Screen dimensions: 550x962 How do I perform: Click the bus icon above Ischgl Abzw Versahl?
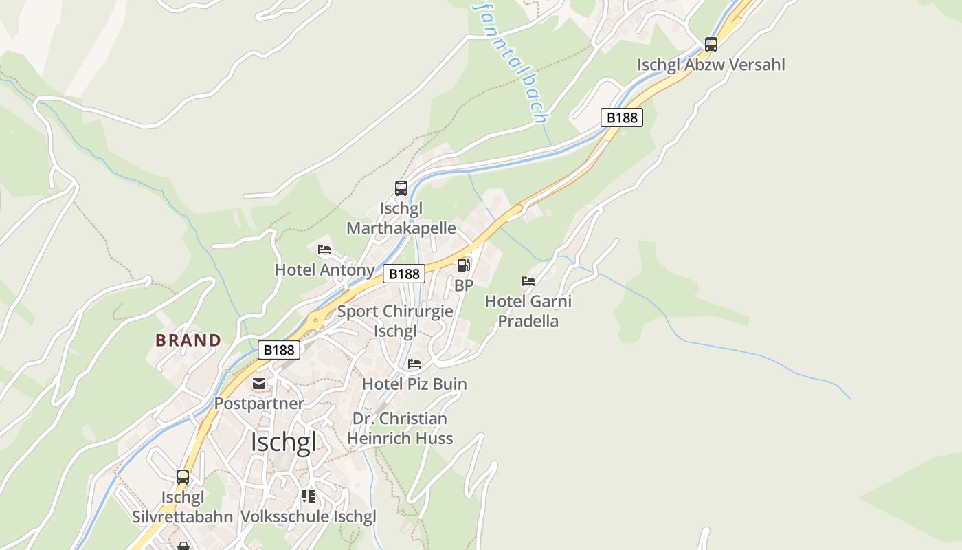pyautogui.click(x=711, y=45)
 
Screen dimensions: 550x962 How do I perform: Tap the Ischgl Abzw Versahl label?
pyautogui.click(x=711, y=65)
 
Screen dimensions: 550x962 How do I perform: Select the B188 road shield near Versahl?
pyautogui.click(x=622, y=118)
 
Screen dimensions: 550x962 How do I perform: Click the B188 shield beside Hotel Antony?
pyautogui.click(x=404, y=274)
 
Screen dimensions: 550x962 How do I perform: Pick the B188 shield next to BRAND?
pyautogui.click(x=279, y=350)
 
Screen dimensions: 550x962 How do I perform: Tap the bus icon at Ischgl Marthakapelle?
pyautogui.click(x=401, y=188)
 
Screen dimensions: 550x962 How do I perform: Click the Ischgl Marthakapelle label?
pyautogui.click(x=401, y=218)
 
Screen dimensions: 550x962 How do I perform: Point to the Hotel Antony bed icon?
pyautogui.click(x=324, y=250)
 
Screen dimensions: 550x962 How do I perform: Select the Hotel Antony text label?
pyautogui.click(x=324, y=269)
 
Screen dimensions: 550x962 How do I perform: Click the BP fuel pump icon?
pyautogui.click(x=464, y=265)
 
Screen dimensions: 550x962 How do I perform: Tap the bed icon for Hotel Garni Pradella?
pyautogui.click(x=528, y=281)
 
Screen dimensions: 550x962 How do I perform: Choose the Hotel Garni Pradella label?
pyautogui.click(x=528, y=311)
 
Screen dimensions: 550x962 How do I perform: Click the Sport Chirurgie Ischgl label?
pyautogui.click(x=395, y=321)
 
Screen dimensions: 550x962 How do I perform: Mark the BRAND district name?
pyautogui.click(x=188, y=340)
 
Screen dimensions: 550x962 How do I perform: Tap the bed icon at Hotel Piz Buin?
pyautogui.click(x=414, y=364)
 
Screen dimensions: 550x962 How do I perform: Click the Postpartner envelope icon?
pyautogui.click(x=259, y=384)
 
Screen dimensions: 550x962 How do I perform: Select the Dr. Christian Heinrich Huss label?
pyautogui.click(x=400, y=428)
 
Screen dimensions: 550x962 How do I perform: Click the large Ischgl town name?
pyautogui.click(x=284, y=442)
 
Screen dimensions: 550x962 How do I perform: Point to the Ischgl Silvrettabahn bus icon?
pyautogui.click(x=183, y=476)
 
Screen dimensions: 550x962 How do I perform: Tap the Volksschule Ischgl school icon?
pyautogui.click(x=309, y=496)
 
